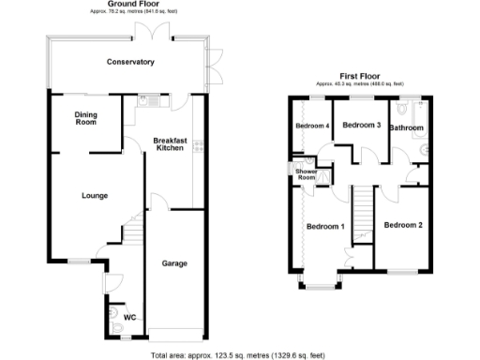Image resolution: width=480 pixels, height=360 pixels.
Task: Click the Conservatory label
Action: click(130, 62)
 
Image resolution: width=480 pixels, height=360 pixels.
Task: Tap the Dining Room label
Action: click(85, 118)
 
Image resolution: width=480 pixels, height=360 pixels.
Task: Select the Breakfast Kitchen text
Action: click(171, 143)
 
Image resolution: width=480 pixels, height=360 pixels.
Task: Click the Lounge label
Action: click(95, 196)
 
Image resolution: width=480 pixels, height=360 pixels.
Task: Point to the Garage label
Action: click(174, 262)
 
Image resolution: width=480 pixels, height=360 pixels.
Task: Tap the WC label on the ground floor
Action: click(129, 317)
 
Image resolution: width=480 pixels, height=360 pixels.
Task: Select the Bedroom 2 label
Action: click(403, 224)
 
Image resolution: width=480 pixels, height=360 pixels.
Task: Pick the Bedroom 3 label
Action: click(361, 126)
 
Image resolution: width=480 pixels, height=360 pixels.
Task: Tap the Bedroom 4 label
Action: click(312, 126)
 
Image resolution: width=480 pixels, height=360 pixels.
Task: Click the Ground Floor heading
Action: click(131, 5)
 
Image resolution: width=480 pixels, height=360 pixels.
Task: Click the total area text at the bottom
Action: click(239, 355)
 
